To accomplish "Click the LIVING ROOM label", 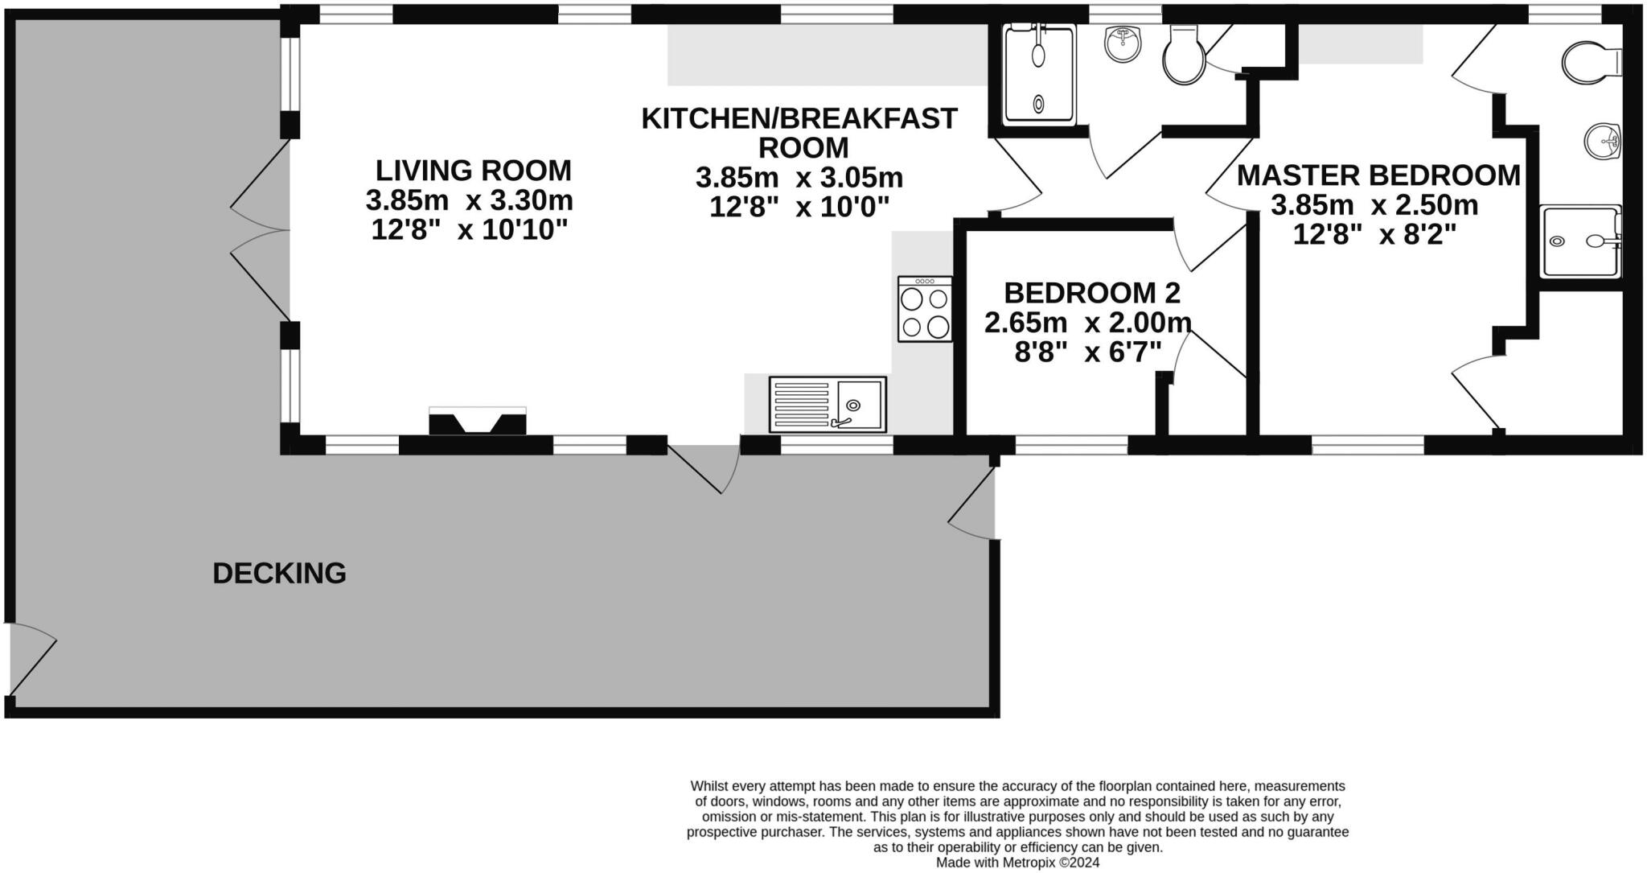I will [x=473, y=171].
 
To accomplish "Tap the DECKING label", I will [x=279, y=573].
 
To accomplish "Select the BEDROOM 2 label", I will [x=1092, y=293].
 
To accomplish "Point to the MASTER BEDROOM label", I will [x=1378, y=175].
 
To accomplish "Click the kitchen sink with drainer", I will [x=827, y=404].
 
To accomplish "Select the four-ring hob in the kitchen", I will [x=925, y=310].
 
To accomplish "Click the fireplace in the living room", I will [x=478, y=422].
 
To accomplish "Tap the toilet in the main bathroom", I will [x=1184, y=55].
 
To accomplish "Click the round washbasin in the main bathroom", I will [x=1122, y=44].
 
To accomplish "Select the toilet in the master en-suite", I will [x=1591, y=61].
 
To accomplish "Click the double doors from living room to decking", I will [x=259, y=232].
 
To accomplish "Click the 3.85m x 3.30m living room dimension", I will [x=469, y=200].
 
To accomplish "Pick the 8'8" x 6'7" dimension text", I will [x=1087, y=352].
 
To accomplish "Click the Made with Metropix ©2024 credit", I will [x=1017, y=863].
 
